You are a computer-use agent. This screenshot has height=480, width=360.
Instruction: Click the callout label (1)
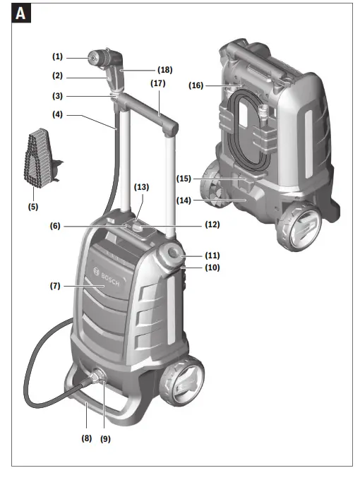[57, 56]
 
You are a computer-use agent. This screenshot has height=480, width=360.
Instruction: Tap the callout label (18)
[165, 71]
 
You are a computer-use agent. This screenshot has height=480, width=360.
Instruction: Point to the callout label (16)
[196, 85]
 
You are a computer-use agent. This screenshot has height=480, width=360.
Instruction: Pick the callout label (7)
[55, 286]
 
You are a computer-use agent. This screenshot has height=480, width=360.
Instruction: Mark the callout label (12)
[212, 225]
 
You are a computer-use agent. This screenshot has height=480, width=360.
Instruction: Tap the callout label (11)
[212, 254]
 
